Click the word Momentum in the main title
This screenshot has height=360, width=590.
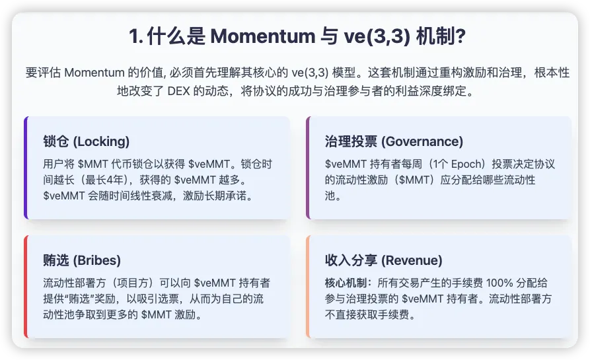click(263, 36)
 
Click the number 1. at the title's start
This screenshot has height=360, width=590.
click(136, 36)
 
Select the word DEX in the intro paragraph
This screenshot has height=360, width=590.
click(179, 91)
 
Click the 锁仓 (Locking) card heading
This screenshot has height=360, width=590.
click(86, 141)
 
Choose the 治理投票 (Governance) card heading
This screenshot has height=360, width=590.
click(394, 141)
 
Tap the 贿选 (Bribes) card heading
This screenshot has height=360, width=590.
click(82, 260)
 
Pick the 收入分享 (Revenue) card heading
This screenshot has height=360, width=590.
click(383, 260)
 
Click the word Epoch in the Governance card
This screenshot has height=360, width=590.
click(466, 164)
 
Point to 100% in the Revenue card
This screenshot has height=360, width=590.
click(499, 283)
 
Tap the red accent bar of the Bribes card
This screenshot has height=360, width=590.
click(26, 287)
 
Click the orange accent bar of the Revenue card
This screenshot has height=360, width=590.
click(308, 287)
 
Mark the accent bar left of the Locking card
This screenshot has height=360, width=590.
click(26, 168)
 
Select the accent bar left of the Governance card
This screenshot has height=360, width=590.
click(308, 168)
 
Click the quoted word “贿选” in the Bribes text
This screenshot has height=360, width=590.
click(79, 299)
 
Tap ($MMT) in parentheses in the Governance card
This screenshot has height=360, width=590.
click(414, 180)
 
